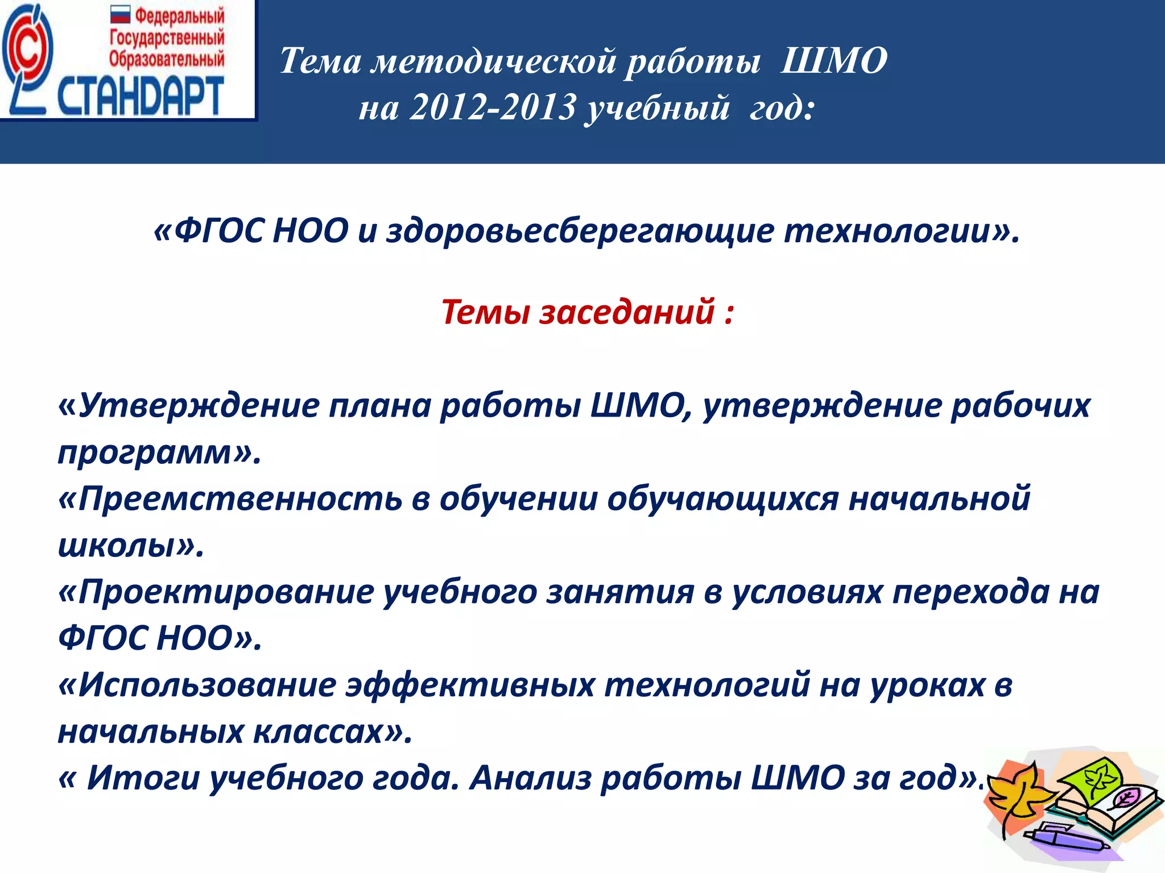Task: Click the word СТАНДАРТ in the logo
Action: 140,96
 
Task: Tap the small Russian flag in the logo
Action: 121,15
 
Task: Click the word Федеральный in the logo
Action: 179,15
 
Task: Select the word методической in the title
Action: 494,61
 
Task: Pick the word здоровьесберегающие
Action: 580,231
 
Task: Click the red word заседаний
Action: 626,312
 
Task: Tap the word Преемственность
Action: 239,498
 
